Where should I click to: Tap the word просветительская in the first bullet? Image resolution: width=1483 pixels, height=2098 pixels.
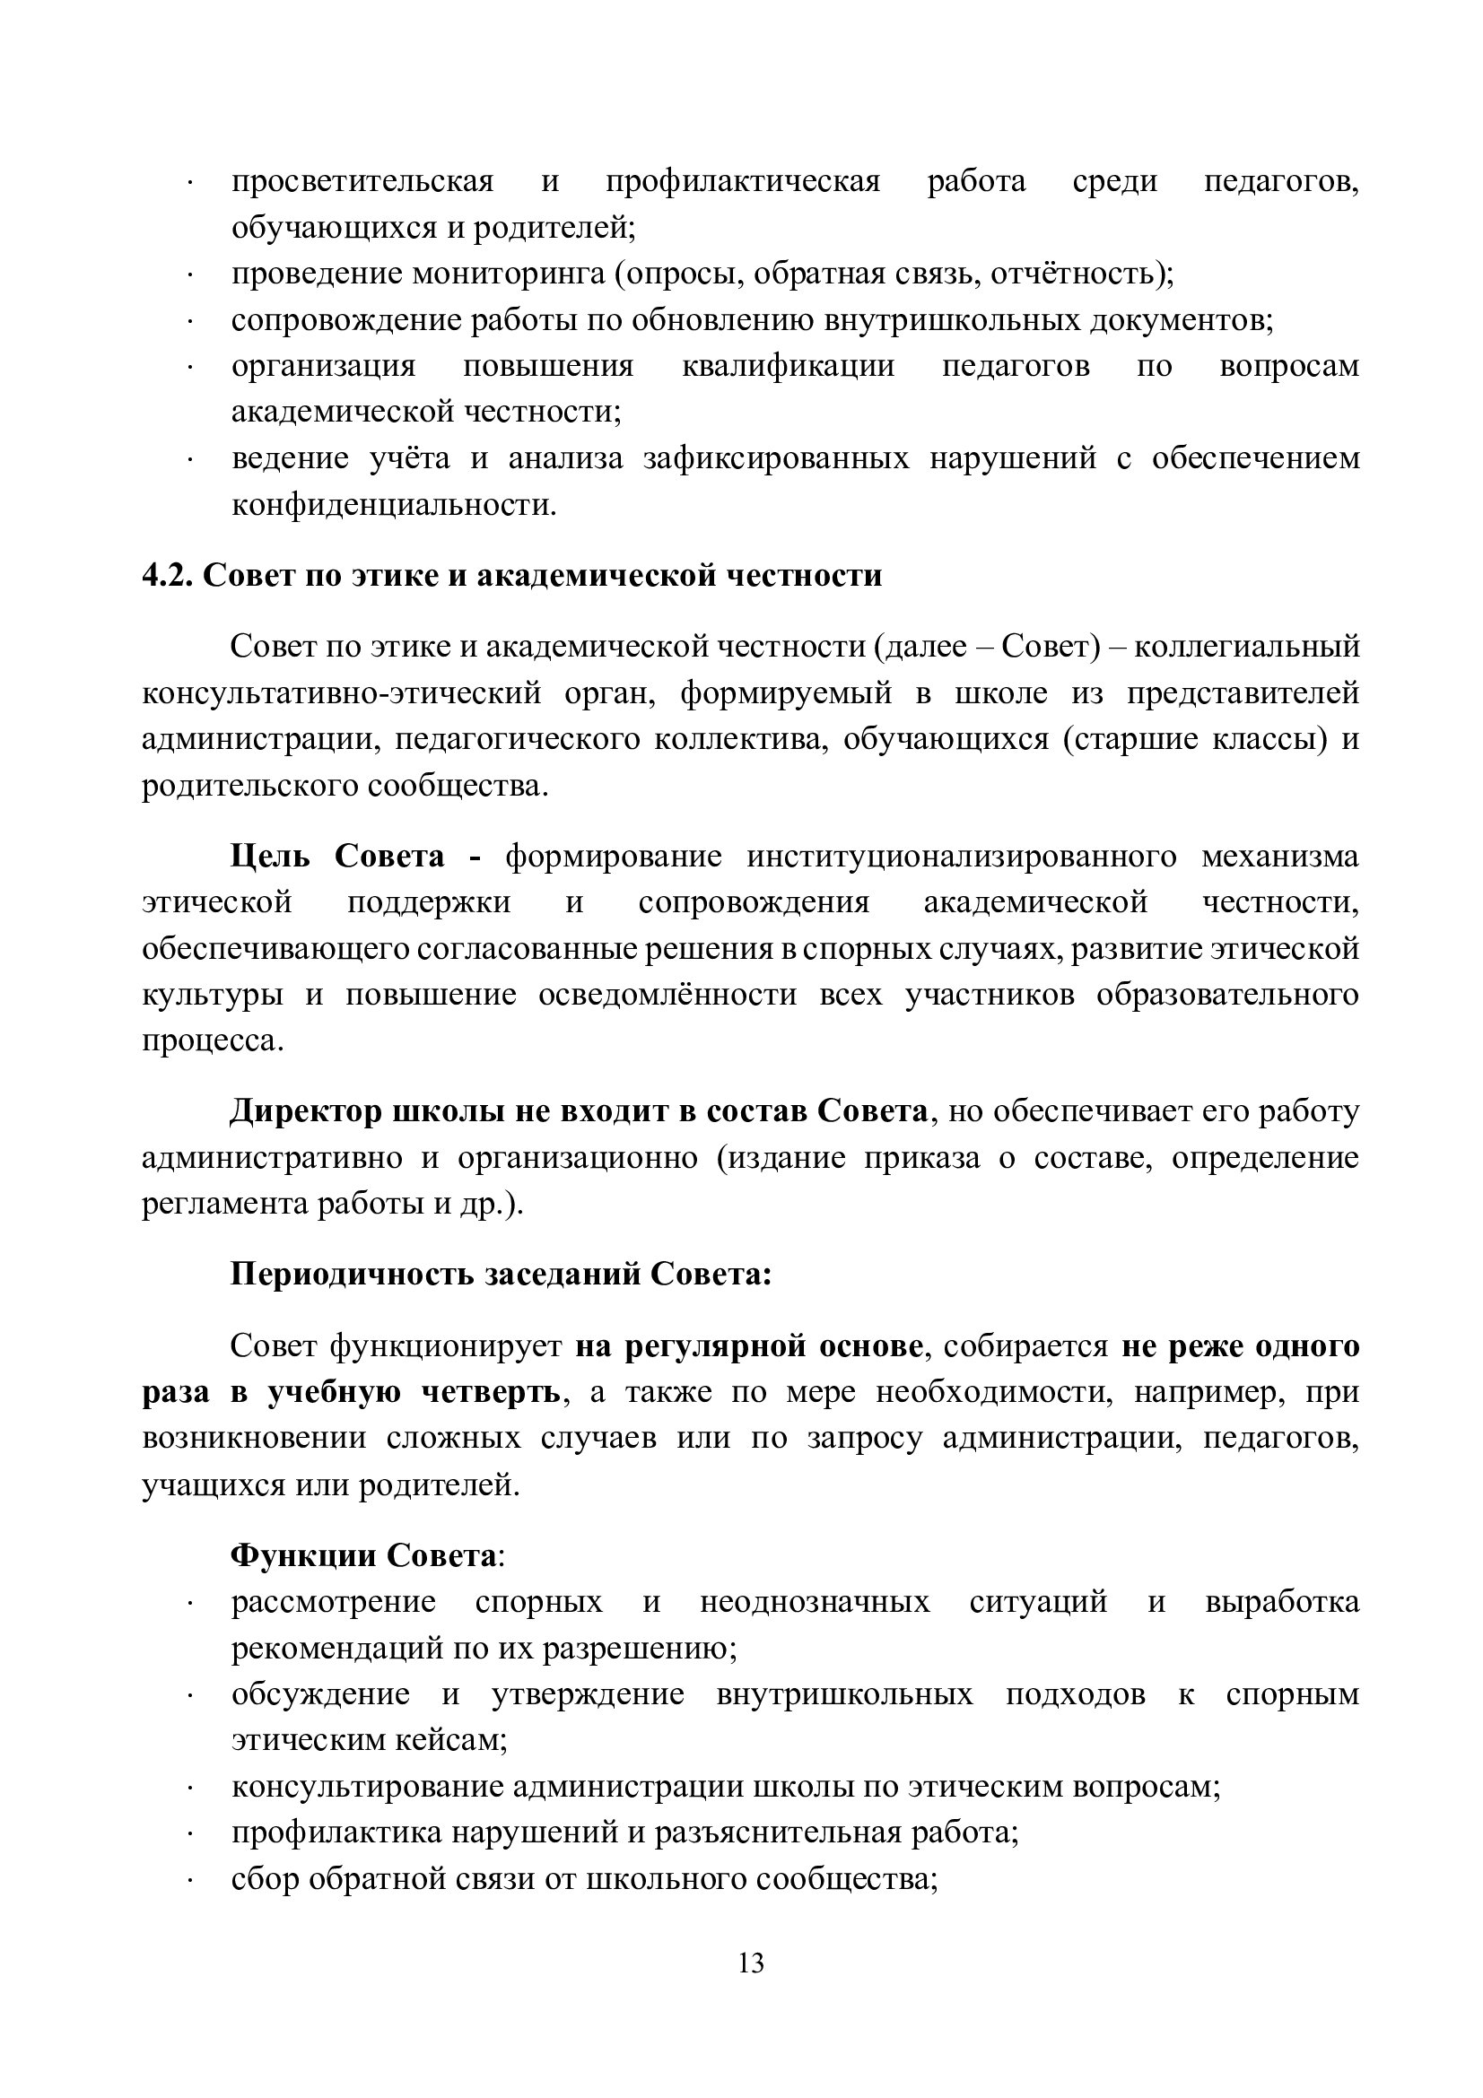[x=362, y=182]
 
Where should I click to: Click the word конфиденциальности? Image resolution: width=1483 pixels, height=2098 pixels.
[x=393, y=504]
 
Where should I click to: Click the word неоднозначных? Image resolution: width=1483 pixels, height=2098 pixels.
[x=814, y=1602]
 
